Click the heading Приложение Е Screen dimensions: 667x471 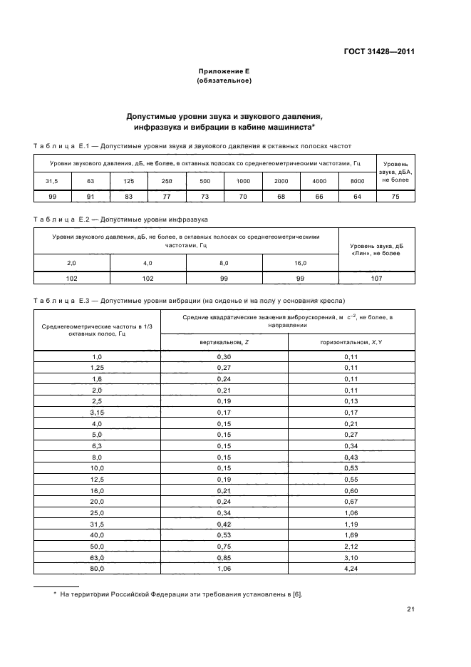click(x=224, y=72)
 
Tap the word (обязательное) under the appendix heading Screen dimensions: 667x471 click(x=224, y=81)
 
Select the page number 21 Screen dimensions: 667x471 click(x=410, y=609)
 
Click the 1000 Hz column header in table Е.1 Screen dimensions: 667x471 click(x=243, y=182)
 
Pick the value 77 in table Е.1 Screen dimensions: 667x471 click(x=166, y=196)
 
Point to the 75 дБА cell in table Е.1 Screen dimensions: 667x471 click(x=395, y=196)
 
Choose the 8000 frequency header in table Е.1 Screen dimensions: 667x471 click(x=358, y=182)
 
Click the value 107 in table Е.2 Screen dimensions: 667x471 click(x=376, y=279)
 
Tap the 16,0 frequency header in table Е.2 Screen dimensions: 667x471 click(x=300, y=264)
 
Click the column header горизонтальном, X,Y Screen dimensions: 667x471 click(x=351, y=342)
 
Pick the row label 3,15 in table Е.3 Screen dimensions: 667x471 click(x=97, y=412)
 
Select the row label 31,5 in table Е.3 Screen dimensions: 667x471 click(x=97, y=524)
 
